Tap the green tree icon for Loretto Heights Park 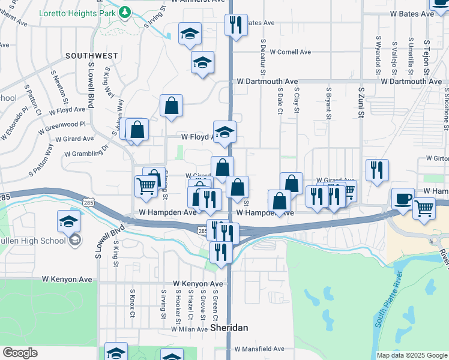click(124, 11)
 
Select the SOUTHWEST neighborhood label click(92, 56)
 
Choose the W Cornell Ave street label click(290, 52)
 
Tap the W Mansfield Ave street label click(259, 349)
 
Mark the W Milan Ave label click(189, 329)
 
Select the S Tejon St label click(427, 58)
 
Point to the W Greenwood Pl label click(62, 127)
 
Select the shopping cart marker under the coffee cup click(424, 208)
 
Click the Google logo click(20, 353)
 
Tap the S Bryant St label click(328, 105)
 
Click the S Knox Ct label click(133, 305)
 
